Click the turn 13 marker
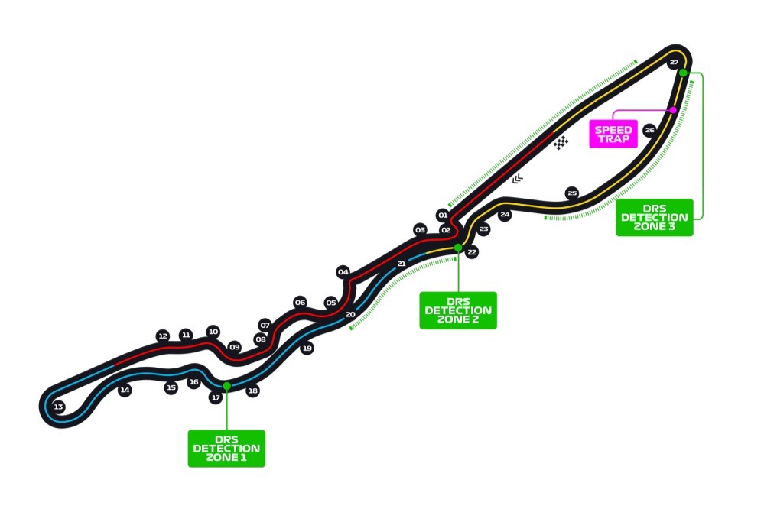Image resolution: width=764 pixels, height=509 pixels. pos(58,407)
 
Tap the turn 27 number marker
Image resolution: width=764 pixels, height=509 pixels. pos(674,63)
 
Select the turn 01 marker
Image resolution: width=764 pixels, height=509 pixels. pos(443,216)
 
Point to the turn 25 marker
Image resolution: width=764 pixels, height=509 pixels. pos(572,193)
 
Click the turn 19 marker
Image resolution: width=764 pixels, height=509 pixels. pos(307,349)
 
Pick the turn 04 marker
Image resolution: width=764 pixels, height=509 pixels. pos(343,272)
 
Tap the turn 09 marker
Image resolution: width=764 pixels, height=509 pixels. pos(234,347)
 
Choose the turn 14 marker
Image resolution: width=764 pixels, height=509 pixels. pos(125,390)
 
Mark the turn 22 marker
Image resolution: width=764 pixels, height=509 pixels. pos(472,252)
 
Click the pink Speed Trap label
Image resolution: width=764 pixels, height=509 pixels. pos(613,134)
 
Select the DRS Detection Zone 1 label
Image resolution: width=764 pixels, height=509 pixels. pos(226,449)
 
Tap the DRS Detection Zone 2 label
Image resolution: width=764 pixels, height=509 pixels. pos(458,310)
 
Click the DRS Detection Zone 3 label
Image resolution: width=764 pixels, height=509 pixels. pos(655,217)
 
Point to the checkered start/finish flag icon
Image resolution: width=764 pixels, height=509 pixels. pos(561,142)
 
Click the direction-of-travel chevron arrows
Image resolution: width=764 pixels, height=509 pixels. pos(518,179)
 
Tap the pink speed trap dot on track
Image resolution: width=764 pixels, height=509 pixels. pos(673,110)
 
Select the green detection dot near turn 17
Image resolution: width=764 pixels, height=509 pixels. pos(226,386)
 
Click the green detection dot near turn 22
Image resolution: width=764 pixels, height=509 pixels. pos(458,248)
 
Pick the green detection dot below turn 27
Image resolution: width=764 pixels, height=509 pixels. pos(683,73)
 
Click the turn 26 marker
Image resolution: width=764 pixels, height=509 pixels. pos(649,130)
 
